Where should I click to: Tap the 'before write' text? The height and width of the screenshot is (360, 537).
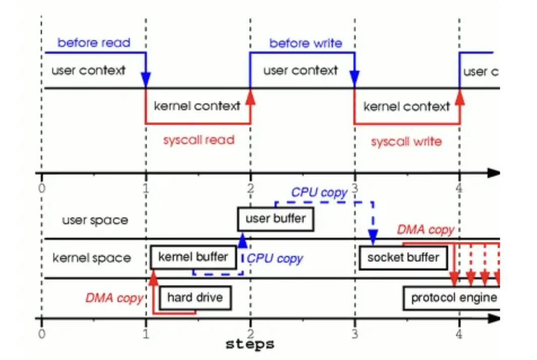click(305, 43)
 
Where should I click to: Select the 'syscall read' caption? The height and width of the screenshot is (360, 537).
click(198, 140)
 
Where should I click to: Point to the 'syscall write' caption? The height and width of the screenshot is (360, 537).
click(406, 142)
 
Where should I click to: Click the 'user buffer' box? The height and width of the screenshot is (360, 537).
click(276, 219)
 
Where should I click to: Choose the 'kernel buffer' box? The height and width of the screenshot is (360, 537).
click(193, 257)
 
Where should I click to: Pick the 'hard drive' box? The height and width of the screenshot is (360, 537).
click(195, 297)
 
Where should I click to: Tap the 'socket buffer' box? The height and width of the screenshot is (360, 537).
click(403, 258)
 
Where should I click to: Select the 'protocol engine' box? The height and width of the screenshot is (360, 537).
click(453, 297)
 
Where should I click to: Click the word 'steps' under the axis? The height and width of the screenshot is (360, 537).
click(250, 344)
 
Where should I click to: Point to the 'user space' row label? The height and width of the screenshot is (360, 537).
click(95, 220)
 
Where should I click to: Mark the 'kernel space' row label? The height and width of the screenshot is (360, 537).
click(92, 258)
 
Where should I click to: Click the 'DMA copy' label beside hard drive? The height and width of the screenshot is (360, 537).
click(114, 297)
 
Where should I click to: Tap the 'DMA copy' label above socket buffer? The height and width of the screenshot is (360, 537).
click(426, 230)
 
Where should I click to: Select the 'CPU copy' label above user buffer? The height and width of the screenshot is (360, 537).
click(319, 193)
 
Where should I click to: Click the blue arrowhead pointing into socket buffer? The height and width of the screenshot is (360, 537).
click(373, 236)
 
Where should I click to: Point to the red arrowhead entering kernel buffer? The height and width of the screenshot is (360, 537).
click(154, 275)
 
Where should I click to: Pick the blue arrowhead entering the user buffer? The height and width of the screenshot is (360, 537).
click(243, 241)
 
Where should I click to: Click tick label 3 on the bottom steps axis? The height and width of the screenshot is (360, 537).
click(355, 333)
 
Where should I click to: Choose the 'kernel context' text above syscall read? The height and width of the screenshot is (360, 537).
click(197, 106)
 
